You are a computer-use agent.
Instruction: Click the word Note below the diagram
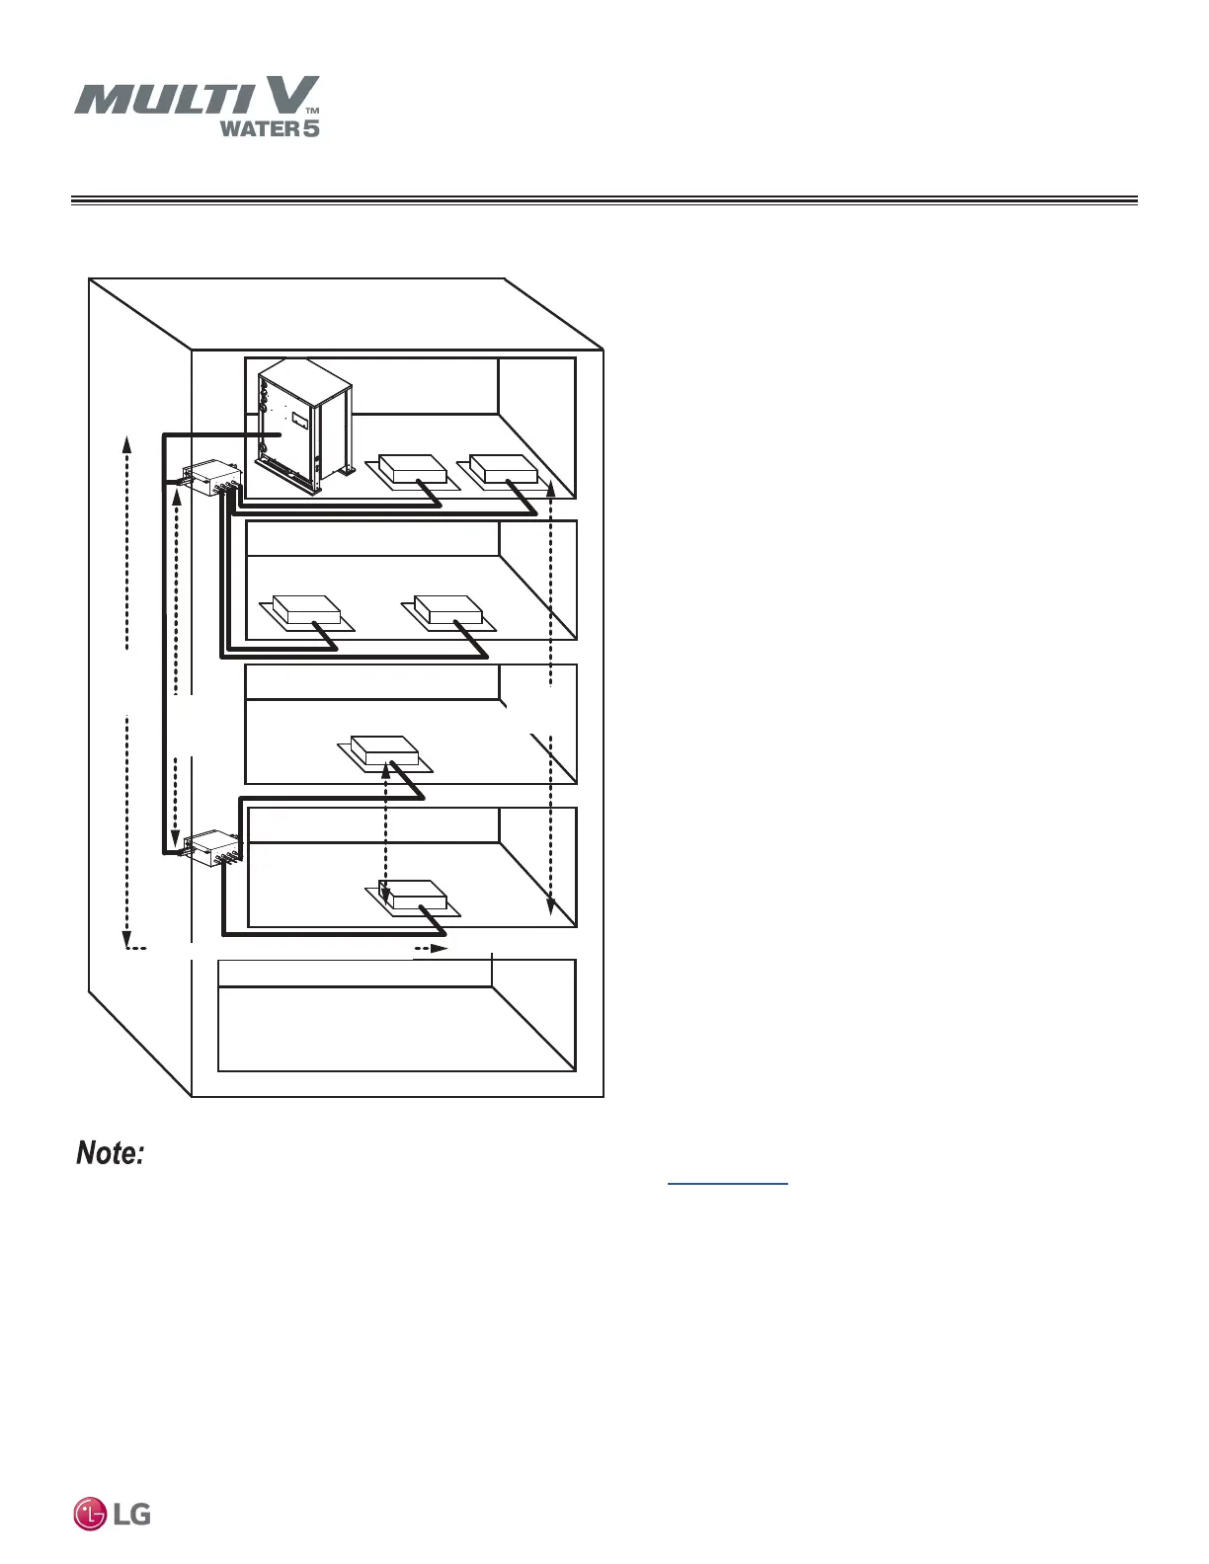(112, 1153)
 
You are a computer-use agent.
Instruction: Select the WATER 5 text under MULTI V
(269, 128)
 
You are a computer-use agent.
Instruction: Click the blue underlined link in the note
(728, 1181)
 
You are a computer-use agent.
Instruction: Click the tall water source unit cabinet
(296, 425)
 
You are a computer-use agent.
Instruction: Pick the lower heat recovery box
(210, 847)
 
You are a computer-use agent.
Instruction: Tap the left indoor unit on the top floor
(412, 468)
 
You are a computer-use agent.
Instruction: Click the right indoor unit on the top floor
(504, 467)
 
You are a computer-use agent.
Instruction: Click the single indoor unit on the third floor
(384, 750)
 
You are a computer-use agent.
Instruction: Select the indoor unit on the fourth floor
(415, 895)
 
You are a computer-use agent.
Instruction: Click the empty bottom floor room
(395, 1027)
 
